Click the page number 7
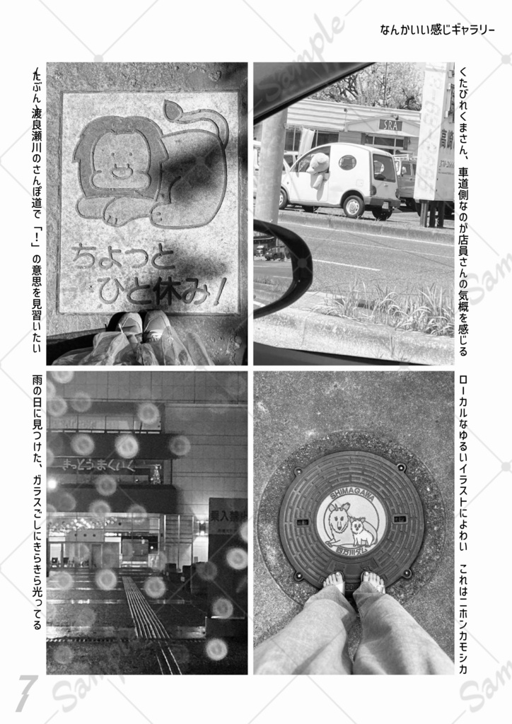coord(25,693)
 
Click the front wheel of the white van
coord(352,205)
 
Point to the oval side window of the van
coord(347,163)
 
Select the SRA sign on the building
coord(390,125)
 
